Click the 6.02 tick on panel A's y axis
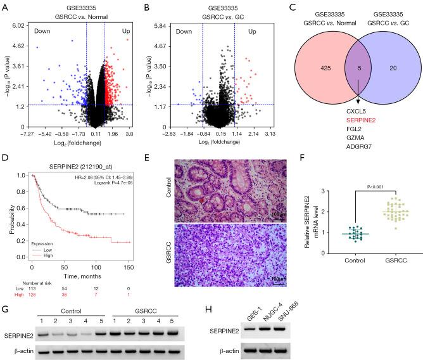tap(13, 25)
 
